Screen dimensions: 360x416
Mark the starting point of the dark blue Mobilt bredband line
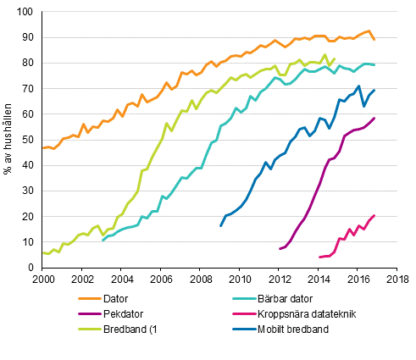tap(220, 225)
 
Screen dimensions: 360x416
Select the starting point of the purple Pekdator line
tap(280, 248)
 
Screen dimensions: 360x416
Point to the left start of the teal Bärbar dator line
tap(103, 241)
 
